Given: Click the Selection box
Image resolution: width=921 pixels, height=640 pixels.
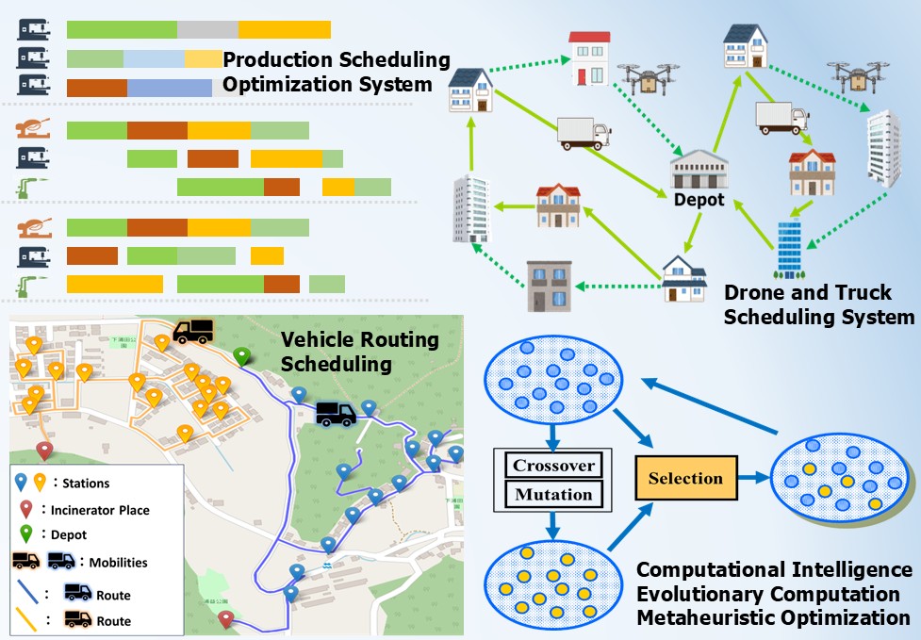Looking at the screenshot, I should pyautogui.click(x=685, y=478).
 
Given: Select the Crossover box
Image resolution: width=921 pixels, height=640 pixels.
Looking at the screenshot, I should pyautogui.click(x=552, y=466).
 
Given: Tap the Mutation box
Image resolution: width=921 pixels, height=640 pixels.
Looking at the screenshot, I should pyautogui.click(x=552, y=494).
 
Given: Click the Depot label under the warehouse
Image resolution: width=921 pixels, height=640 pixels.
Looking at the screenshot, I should pyautogui.click(x=699, y=200).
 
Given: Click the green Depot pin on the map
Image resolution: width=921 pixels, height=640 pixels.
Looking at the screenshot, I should pyautogui.click(x=243, y=356).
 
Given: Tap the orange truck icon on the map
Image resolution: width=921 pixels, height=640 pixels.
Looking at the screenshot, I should pyautogui.click(x=192, y=330).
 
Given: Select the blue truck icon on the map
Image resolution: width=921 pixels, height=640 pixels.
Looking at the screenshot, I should pyautogui.click(x=335, y=413).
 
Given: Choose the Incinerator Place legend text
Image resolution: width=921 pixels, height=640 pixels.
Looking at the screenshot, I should pyautogui.click(x=101, y=510).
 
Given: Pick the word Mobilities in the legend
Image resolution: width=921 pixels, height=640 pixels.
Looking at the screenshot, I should pyautogui.click(x=118, y=563).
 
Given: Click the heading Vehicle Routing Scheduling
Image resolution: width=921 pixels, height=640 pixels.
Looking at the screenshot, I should pyautogui.click(x=361, y=351).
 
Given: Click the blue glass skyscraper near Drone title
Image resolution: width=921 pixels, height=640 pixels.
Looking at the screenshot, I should pyautogui.click(x=788, y=247).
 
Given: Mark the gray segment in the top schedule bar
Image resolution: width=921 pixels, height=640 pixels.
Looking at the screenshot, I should pyautogui.click(x=207, y=29).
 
